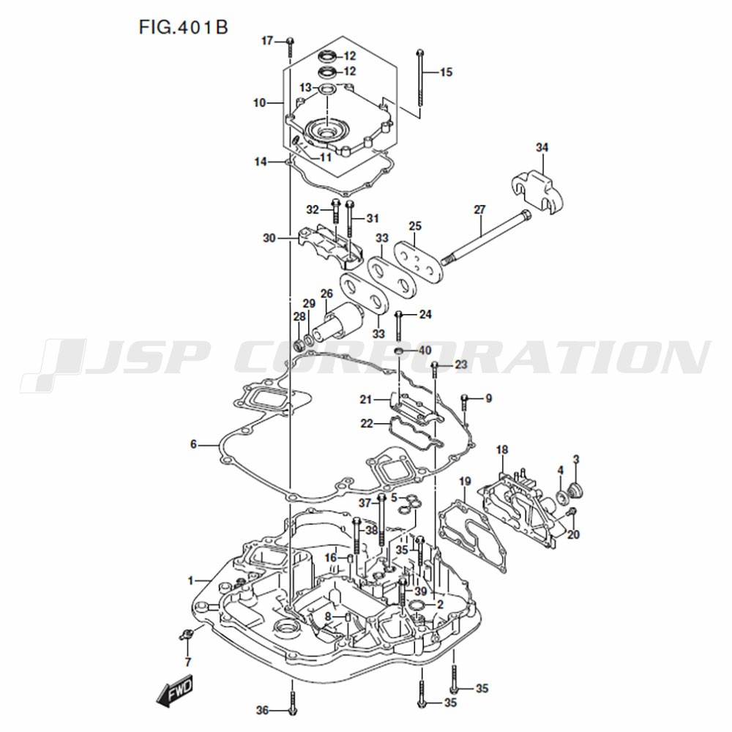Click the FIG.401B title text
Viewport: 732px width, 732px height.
click(x=184, y=28)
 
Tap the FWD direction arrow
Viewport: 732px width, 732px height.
click(x=174, y=689)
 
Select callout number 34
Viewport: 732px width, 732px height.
click(x=542, y=148)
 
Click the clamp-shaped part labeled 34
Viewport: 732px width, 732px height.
click(x=536, y=192)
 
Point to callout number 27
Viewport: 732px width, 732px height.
click(x=479, y=210)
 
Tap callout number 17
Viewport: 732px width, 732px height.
click(x=267, y=41)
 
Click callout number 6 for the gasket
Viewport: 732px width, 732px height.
click(x=193, y=444)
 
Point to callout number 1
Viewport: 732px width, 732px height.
click(x=190, y=580)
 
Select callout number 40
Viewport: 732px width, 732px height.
click(x=425, y=350)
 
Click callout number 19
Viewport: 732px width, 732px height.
click(x=465, y=482)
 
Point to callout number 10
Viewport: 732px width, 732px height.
click(x=260, y=102)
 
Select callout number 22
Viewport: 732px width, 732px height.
click(x=367, y=423)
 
